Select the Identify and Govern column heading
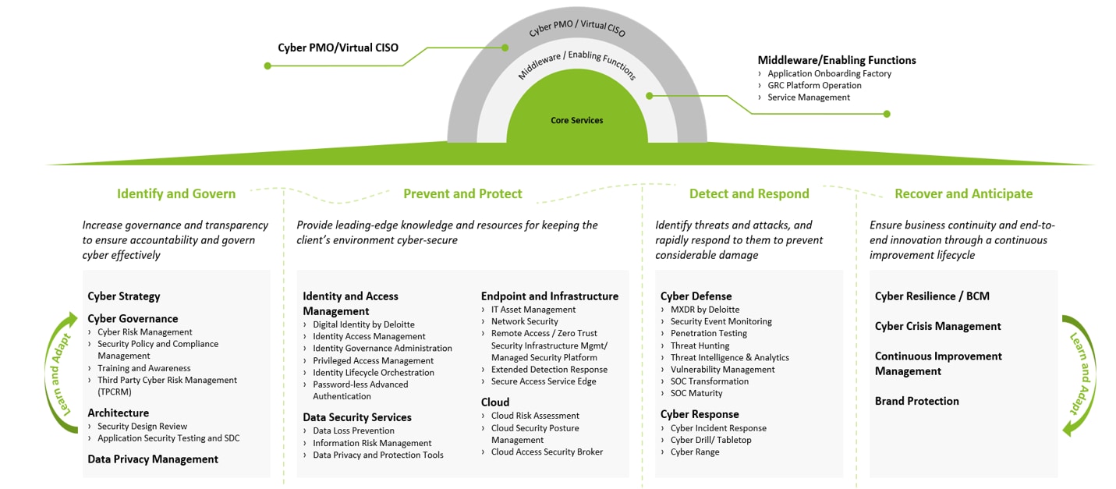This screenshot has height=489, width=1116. tap(176, 193)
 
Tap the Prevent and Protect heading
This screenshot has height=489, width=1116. tap(462, 193)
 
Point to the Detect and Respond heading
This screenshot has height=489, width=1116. tap(749, 193)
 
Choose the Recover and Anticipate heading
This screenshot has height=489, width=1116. tap(963, 193)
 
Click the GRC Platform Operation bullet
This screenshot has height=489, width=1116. tap(814, 86)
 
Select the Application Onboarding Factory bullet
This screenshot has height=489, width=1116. tap(829, 73)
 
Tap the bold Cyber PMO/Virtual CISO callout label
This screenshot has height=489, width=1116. tap(338, 48)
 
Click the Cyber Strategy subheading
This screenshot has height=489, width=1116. tap(124, 296)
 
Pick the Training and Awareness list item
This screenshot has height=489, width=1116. tap(143, 368)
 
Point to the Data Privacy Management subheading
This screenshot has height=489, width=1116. tap(153, 459)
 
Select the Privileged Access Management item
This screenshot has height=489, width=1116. tap(373, 360)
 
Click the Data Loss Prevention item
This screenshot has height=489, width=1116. tap(353, 431)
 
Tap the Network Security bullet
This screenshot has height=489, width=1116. tap(524, 321)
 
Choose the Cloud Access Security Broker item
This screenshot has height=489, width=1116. tap(547, 452)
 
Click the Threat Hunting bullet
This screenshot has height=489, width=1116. tap(700, 345)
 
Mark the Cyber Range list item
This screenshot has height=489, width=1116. tap(695, 452)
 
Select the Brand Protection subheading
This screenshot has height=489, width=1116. tap(917, 401)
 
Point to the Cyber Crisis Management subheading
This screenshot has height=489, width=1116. tap(937, 326)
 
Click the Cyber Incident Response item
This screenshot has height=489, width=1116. tap(718, 428)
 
